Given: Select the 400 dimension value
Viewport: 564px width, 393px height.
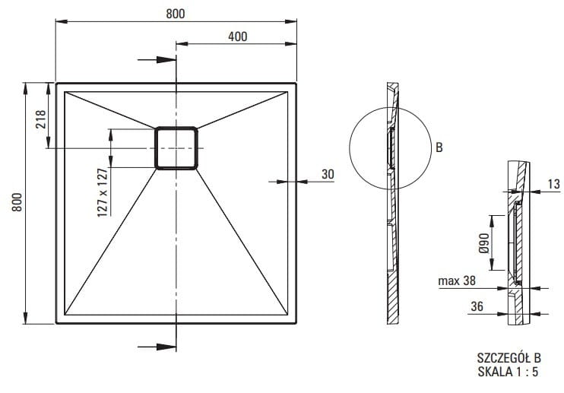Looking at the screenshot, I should tap(236, 36).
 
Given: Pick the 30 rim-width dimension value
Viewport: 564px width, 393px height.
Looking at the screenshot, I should tap(328, 174).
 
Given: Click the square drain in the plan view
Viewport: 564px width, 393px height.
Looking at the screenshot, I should tap(176, 147).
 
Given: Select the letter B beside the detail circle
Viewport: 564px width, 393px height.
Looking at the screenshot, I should tap(439, 148).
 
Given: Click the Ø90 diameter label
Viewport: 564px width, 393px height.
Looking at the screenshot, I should tap(483, 244).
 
